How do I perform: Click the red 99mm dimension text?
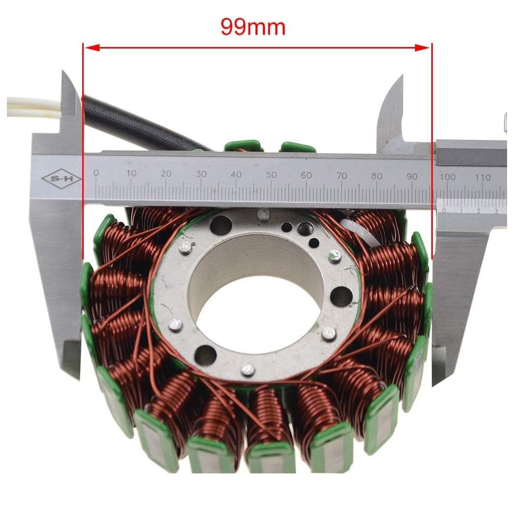[x=253, y=27]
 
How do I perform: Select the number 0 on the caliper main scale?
[x=96, y=173]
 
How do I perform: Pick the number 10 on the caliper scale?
[x=131, y=173]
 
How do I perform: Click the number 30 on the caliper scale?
[x=201, y=174]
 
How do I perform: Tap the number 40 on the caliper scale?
[x=236, y=175]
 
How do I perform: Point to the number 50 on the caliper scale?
[x=271, y=175]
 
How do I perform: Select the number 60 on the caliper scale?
[x=306, y=175]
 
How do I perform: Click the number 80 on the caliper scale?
[x=377, y=176]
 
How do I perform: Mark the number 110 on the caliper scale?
[x=483, y=177]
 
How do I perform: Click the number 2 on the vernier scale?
[x=478, y=211]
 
